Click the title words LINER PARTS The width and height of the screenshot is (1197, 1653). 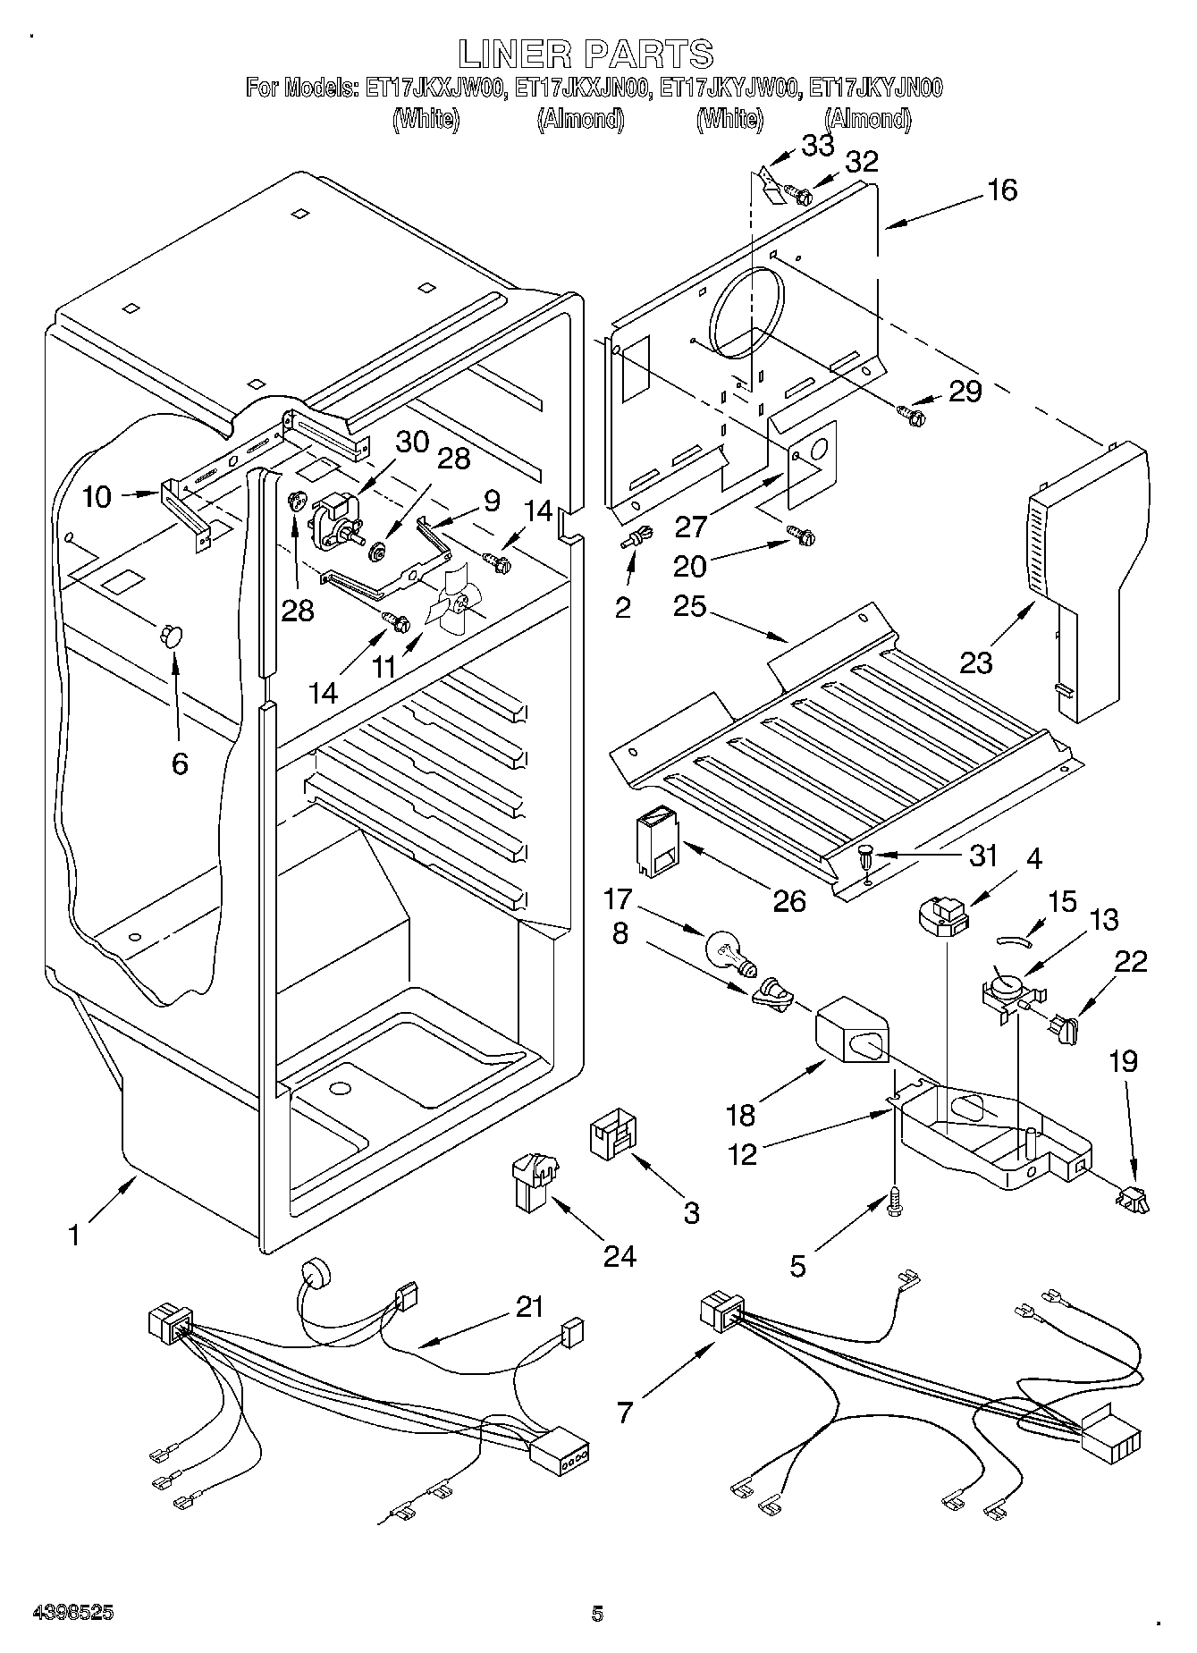(586, 55)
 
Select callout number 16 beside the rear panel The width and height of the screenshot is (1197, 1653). (1003, 190)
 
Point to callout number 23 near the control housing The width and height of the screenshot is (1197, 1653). (976, 662)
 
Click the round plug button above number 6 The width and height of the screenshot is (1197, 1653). (169, 635)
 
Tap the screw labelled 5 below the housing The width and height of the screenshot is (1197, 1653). (894, 1202)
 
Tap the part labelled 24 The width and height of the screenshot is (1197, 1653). (531, 1178)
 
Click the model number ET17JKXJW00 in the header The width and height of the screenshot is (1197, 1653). (436, 88)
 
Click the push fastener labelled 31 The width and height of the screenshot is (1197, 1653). (867, 856)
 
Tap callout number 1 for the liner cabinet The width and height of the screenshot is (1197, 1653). (75, 1236)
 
